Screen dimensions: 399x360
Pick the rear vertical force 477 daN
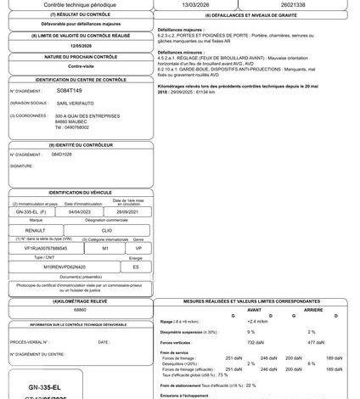(311, 341)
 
